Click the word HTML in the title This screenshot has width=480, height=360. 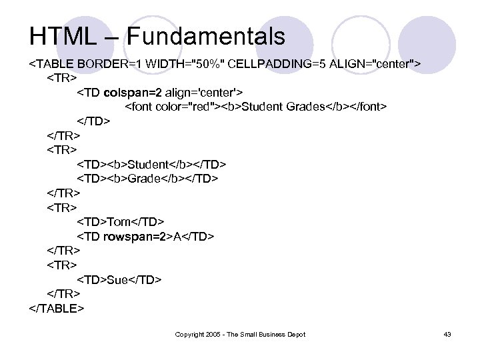(59, 35)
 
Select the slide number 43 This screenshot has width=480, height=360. (447, 334)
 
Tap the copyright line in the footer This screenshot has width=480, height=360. (240, 334)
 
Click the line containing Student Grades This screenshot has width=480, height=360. (256, 107)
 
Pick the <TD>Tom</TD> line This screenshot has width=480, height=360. (121, 221)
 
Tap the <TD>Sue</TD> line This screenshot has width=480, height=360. (119, 279)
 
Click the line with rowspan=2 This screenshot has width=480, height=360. (146, 236)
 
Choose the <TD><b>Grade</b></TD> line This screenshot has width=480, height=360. (147, 179)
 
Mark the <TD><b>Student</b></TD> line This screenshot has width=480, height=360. (152, 164)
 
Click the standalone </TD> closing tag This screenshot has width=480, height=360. (94, 121)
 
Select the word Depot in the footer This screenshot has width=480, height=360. (295, 334)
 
